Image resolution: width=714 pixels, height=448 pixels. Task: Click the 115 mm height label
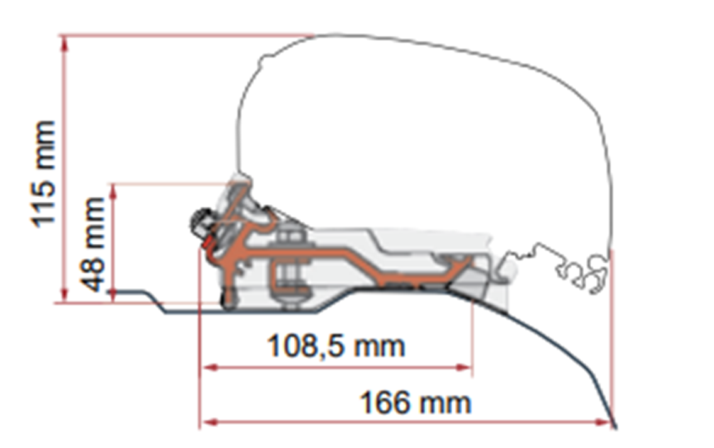point(44,174)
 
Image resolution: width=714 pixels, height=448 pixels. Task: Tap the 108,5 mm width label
point(335,346)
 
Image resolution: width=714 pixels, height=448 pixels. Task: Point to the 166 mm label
point(415,403)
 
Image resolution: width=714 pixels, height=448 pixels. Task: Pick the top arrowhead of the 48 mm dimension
point(113,190)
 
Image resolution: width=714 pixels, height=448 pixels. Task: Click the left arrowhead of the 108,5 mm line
point(208,367)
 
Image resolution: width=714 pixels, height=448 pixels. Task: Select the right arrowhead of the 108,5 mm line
point(464,367)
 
